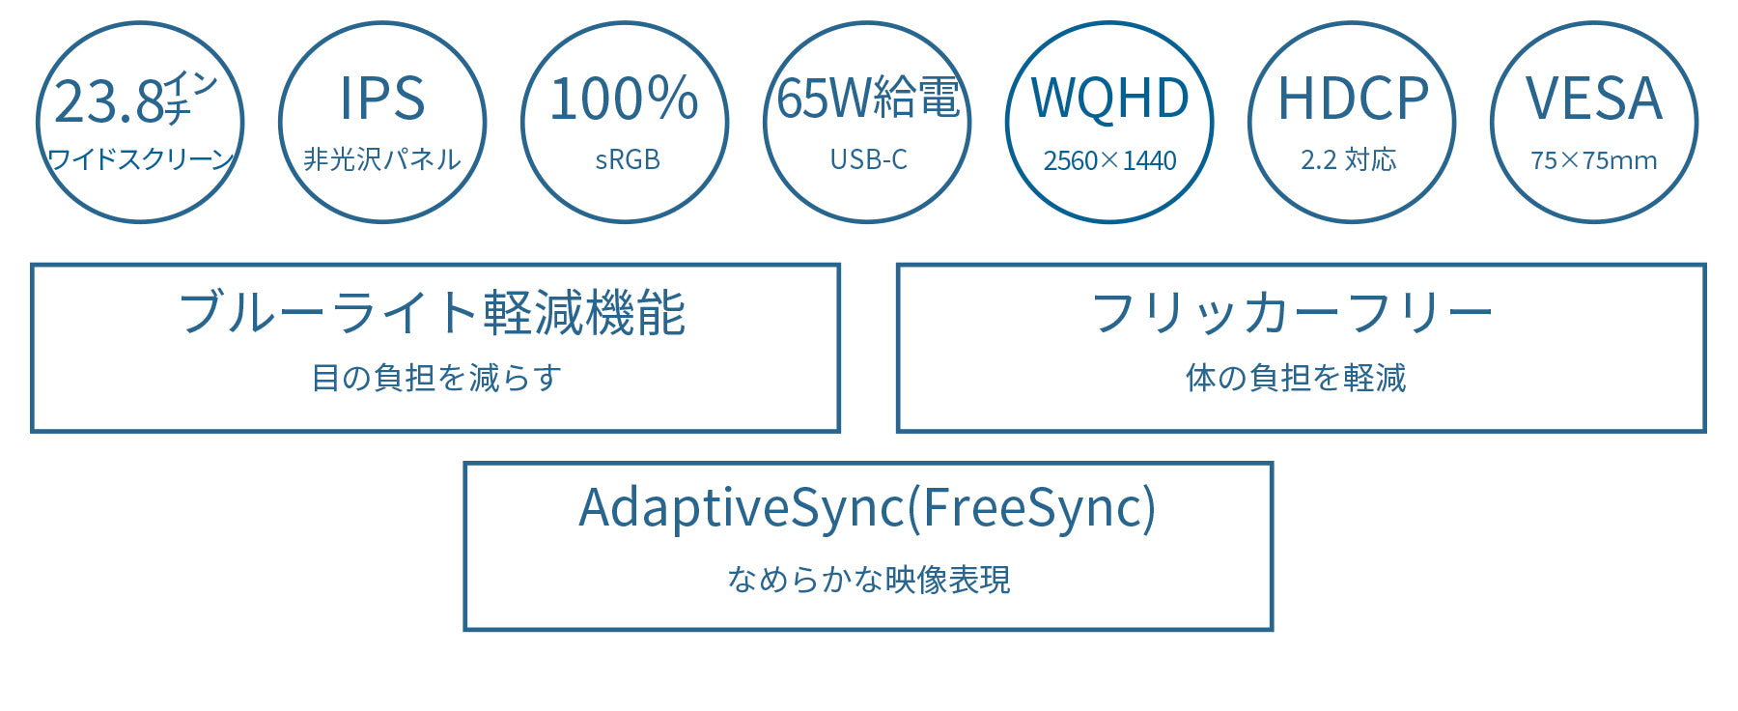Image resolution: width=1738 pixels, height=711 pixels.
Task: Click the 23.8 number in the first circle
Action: [109, 101]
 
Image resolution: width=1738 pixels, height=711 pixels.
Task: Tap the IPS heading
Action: [382, 99]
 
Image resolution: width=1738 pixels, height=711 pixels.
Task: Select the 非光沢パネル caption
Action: [382, 159]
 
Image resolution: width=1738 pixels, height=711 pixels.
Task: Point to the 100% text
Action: [624, 99]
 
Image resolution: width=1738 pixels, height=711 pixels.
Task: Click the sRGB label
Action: [628, 159]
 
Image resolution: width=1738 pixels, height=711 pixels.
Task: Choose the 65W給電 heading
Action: [869, 99]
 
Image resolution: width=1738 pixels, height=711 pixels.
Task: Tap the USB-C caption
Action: [869, 159]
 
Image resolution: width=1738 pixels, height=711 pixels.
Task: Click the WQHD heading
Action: [1110, 99]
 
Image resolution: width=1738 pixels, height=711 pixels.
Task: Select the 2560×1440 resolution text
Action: [1110, 160]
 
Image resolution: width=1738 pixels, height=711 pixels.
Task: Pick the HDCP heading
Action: [1353, 99]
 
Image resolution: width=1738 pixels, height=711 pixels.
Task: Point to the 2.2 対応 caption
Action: [1349, 159]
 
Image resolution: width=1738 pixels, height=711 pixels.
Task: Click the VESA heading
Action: [1594, 99]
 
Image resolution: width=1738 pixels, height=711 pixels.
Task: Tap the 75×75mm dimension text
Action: [1594, 160]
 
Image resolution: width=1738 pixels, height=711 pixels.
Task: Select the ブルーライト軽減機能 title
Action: [433, 313]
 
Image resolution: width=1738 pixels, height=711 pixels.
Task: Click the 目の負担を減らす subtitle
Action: [436, 378]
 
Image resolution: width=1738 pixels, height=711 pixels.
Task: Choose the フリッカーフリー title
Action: [1292, 313]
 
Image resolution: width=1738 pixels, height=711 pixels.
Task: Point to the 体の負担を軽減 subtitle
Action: [1296, 378]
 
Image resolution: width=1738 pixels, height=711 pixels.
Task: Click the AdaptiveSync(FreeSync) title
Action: [867, 508]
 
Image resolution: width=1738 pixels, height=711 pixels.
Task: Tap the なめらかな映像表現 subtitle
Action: [869, 580]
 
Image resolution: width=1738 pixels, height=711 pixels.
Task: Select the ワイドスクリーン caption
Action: [141, 159]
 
